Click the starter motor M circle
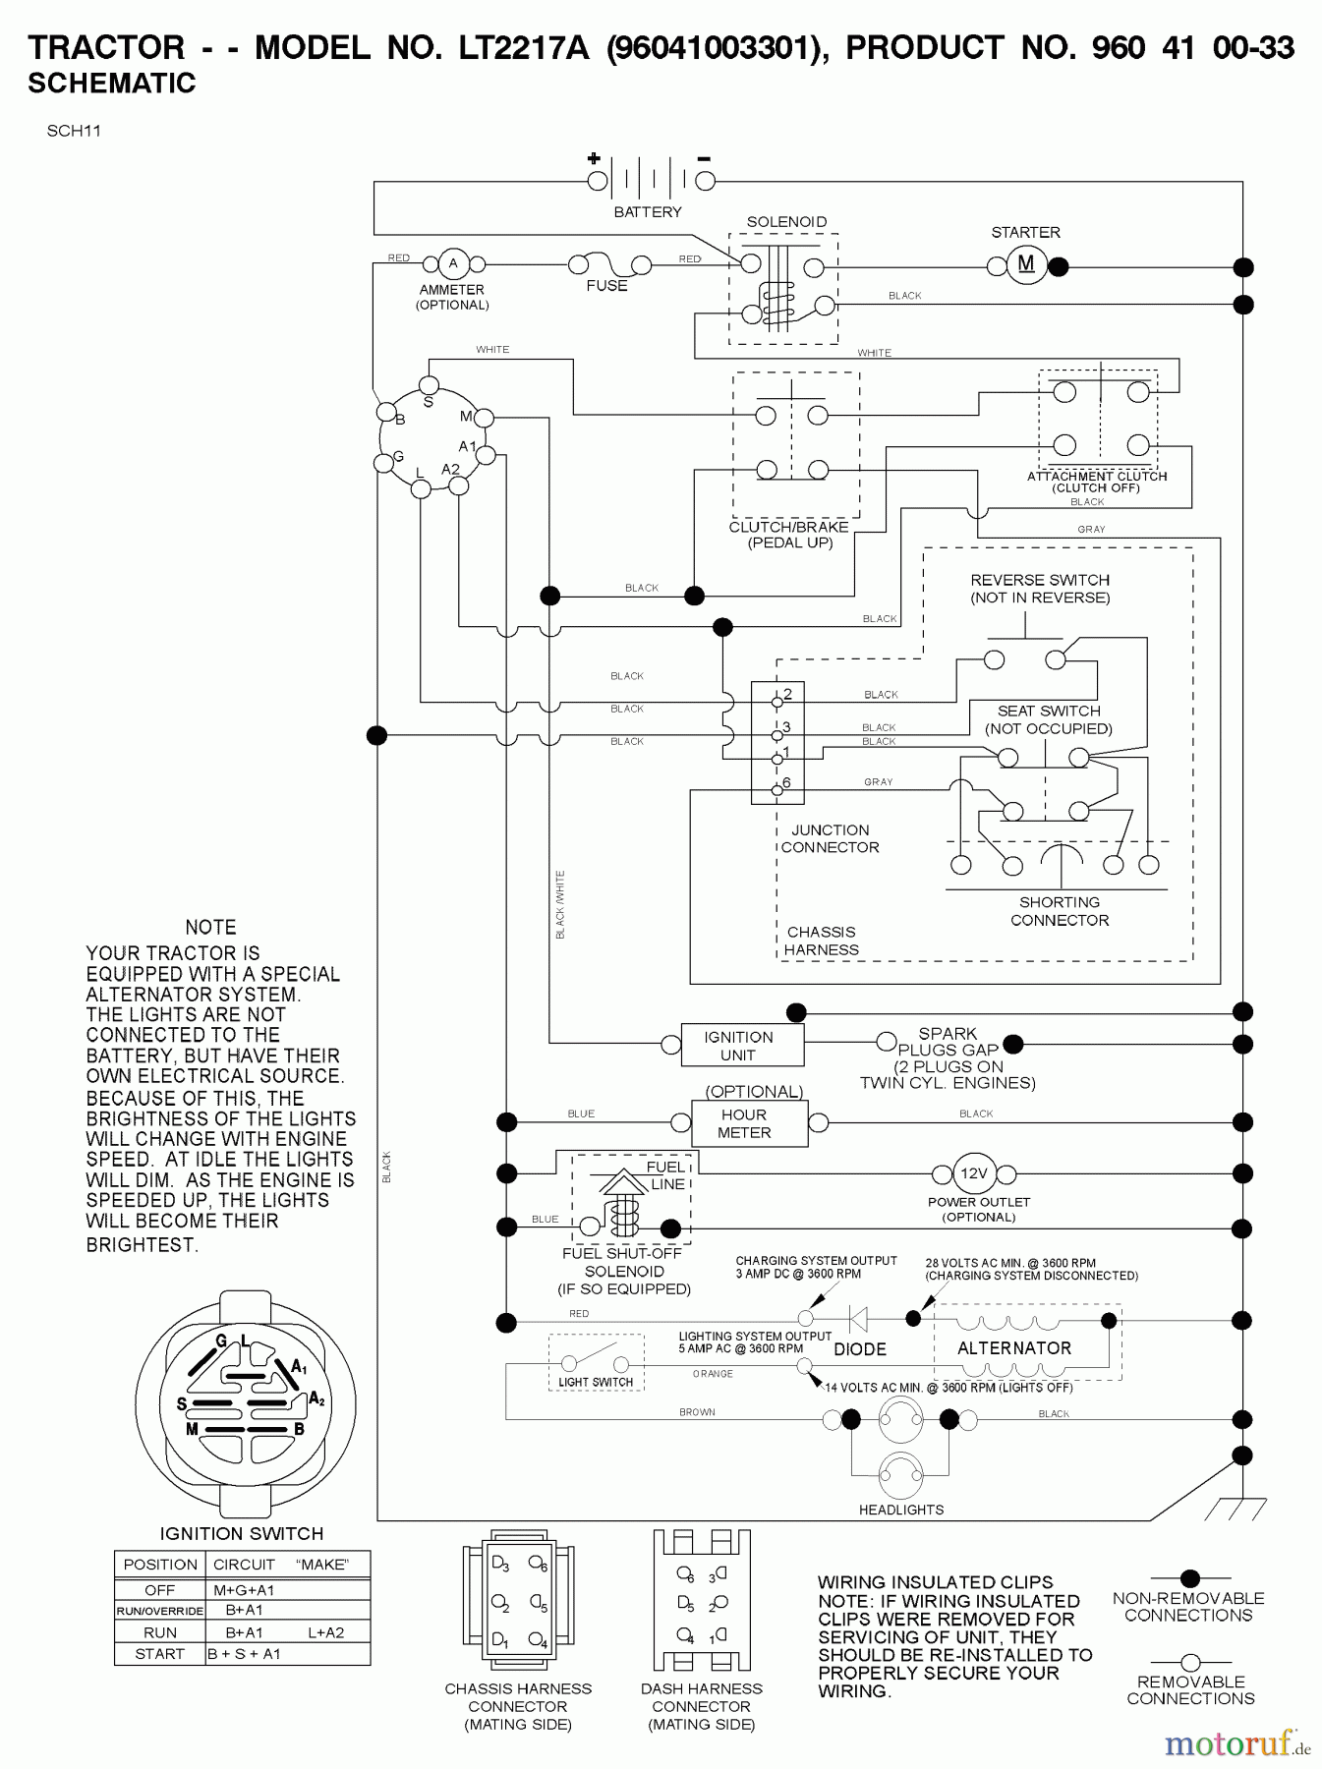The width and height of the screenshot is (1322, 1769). [x=1026, y=264]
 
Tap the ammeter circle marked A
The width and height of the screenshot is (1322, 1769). [x=453, y=263]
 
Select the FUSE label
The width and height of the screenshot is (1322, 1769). [x=606, y=286]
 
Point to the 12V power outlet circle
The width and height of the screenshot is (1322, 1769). [x=973, y=1173]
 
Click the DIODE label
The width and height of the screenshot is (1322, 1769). [x=860, y=1349]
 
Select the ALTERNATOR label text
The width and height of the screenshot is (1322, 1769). [x=1014, y=1348]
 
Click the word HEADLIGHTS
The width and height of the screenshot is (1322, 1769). [x=901, y=1510]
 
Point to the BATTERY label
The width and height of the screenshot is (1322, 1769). [x=648, y=212]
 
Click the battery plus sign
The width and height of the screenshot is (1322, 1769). [x=594, y=158]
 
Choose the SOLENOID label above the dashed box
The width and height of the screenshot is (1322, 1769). [x=786, y=222]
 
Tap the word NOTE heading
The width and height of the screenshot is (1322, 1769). [x=210, y=927]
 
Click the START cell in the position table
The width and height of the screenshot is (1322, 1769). [x=159, y=1653]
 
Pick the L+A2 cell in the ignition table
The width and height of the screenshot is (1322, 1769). [x=326, y=1631]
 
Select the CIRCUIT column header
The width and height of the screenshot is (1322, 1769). [x=244, y=1565]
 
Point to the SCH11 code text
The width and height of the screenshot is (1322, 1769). [x=74, y=130]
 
